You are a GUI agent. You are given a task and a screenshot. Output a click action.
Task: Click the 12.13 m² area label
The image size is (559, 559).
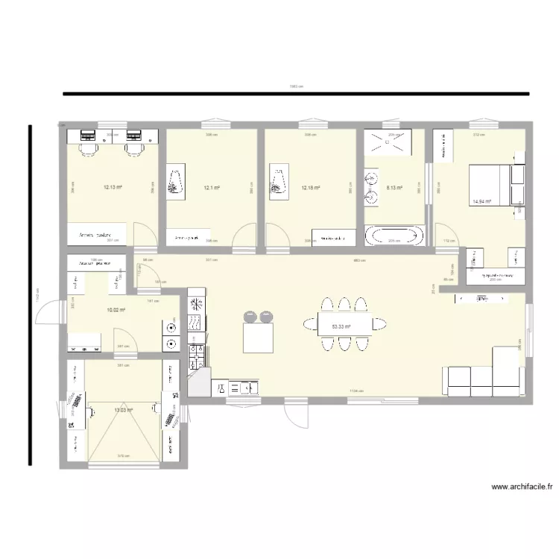coord(112,188)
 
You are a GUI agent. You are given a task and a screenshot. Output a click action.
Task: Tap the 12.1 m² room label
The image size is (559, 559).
coord(212,188)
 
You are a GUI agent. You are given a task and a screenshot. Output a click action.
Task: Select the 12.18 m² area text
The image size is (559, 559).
coord(311,188)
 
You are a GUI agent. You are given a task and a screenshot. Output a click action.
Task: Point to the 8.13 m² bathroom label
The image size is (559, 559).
coord(394,188)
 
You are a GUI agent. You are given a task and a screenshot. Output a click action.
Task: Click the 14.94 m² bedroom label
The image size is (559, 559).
coord(481,202)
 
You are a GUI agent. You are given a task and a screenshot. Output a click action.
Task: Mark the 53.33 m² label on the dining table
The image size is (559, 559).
coord(341,326)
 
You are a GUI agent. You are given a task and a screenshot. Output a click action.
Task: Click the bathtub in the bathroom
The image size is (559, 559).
coord(394,236)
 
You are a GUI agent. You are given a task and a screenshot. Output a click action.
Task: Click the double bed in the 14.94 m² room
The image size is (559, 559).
coord(489,185)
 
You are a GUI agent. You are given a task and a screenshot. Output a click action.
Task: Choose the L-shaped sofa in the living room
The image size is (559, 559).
coord(484,376)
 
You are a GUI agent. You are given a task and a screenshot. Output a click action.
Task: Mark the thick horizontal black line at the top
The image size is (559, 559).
coord(296,94)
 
